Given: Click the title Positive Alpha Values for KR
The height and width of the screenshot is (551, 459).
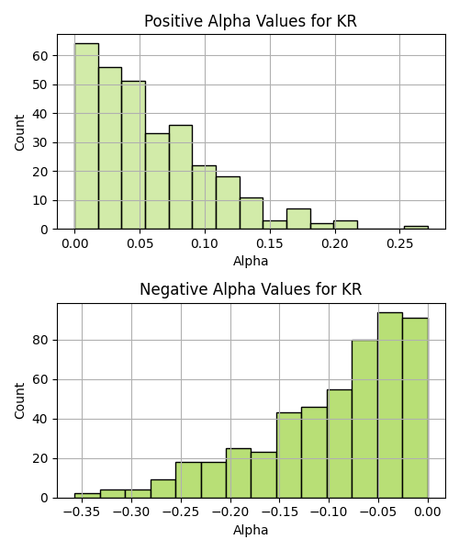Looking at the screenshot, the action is click(x=251, y=21).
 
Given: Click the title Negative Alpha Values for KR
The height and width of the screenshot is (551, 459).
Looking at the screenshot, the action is click(x=251, y=289).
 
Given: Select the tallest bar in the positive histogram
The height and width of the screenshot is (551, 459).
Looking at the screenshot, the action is click(x=86, y=136).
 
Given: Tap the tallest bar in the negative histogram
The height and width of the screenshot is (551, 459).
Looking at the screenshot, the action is click(x=390, y=405).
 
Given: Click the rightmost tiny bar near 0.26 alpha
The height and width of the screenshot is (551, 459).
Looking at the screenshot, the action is click(x=416, y=228).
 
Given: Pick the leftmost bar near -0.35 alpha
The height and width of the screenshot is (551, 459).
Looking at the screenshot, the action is click(x=87, y=496).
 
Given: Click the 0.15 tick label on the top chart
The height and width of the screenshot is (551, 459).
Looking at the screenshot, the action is click(x=270, y=243).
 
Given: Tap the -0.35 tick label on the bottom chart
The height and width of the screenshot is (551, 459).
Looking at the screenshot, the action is click(x=82, y=512).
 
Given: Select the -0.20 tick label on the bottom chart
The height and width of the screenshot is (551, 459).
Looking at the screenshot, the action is click(x=230, y=512).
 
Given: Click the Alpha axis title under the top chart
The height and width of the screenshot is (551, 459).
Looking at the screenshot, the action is click(x=251, y=261).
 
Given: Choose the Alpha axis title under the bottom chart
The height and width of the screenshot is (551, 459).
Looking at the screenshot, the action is click(x=251, y=530).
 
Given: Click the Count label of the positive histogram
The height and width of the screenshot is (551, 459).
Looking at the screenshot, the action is click(x=19, y=132).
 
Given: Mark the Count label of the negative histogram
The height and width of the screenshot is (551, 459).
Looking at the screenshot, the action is click(x=19, y=401).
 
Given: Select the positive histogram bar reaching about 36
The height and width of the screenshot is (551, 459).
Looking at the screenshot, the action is click(x=181, y=177).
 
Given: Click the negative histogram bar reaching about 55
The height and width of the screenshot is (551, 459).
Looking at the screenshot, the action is click(x=340, y=444).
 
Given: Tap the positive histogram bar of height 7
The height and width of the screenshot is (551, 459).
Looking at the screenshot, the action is click(x=298, y=219).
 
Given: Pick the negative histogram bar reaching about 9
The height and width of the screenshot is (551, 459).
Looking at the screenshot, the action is click(x=163, y=489).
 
